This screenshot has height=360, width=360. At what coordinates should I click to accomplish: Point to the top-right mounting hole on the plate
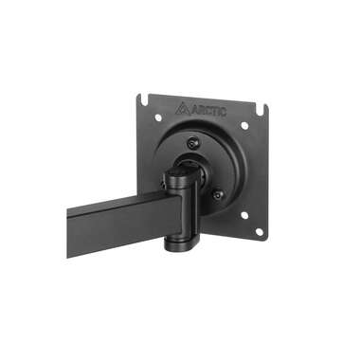pyautogui.click(x=243, y=125)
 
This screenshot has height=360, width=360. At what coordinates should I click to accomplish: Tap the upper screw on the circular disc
pyautogui.click(x=195, y=143)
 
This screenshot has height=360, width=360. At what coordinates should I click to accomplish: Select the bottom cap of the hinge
pyautogui.click(x=180, y=246)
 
